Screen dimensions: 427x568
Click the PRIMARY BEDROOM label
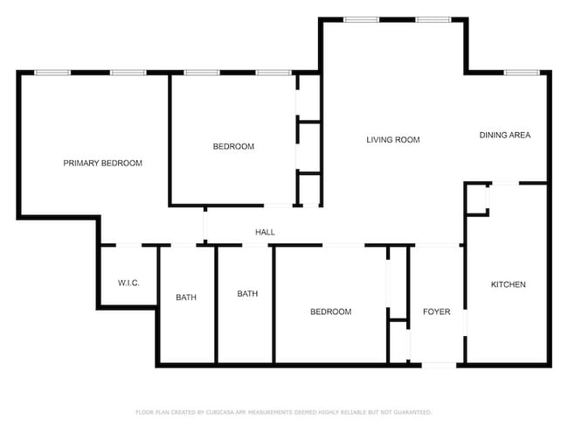102,163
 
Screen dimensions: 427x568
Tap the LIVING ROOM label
392,140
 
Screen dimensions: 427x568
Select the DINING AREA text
504,136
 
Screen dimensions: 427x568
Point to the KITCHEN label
508,284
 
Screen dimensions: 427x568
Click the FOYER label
436,311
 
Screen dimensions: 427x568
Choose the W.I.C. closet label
128,283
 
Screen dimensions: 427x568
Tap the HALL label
265,233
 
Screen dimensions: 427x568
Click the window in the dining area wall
519,72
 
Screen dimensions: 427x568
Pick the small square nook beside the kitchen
476,199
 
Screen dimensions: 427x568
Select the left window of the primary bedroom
52,73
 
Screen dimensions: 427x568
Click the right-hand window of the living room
433,19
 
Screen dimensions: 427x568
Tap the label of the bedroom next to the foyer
331,311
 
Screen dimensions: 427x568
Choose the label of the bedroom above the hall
233,146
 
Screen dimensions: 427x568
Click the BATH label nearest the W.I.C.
186,297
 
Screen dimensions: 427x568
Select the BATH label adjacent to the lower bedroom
247,294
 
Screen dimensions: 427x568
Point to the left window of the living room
360,19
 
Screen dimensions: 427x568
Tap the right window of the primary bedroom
128,73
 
